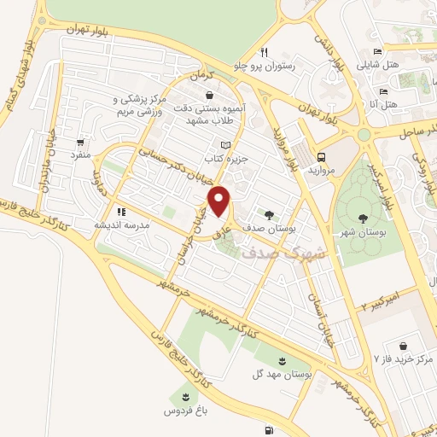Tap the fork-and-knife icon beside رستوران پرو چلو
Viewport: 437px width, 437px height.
[267, 52]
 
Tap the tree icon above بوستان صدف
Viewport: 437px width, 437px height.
[269, 215]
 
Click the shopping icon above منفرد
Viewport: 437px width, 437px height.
[80, 143]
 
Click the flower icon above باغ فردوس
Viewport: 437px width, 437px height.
[183, 395]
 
